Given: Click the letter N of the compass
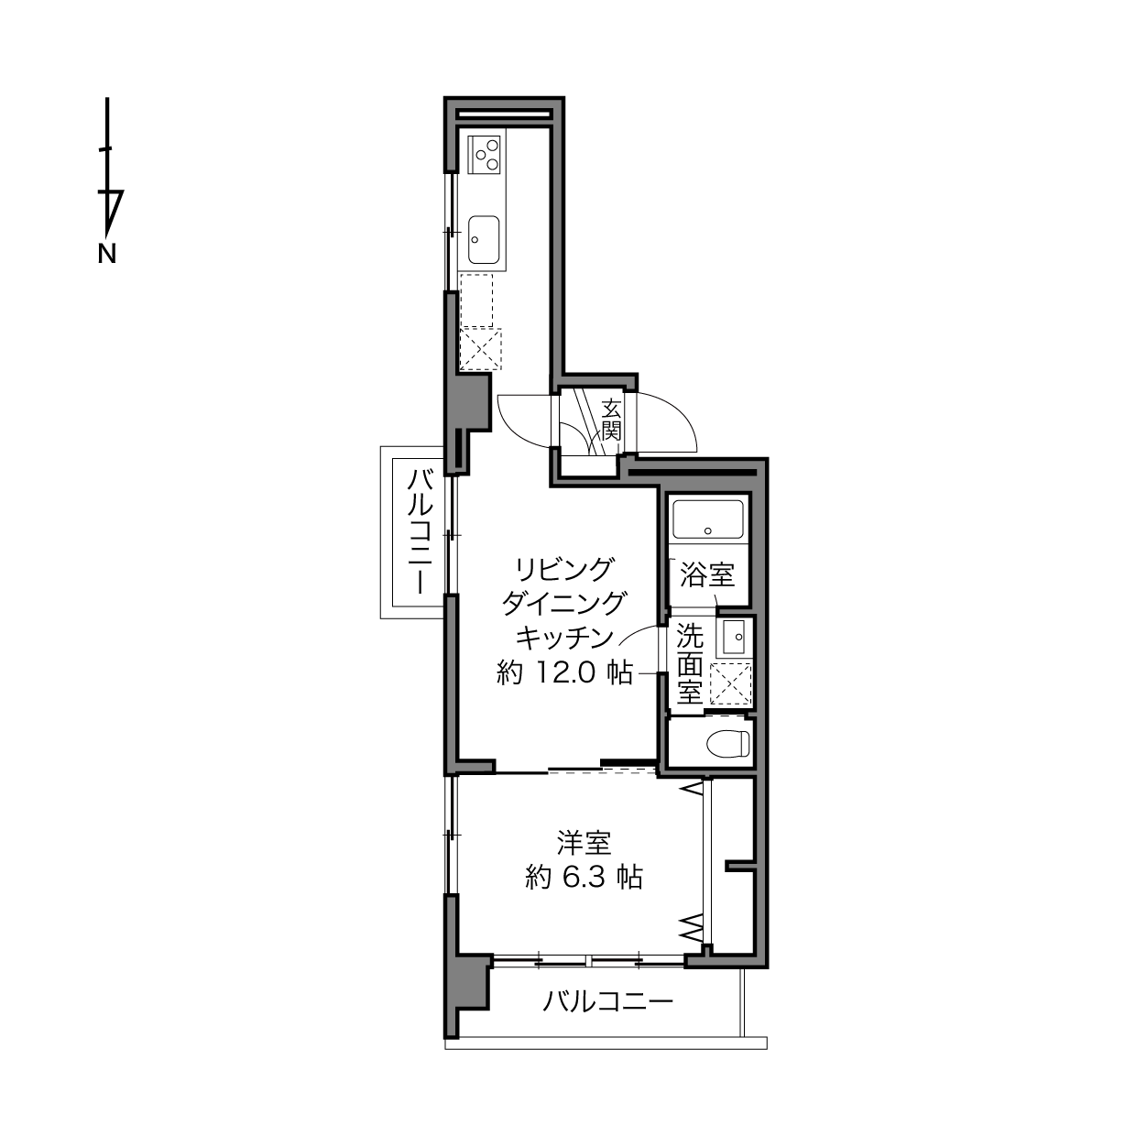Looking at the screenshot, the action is (x=107, y=254).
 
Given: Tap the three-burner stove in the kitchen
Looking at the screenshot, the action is (x=484, y=155).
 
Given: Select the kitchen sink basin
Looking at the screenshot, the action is (x=484, y=239).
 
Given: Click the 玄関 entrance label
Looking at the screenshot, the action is (x=611, y=420).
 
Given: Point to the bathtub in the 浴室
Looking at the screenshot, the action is (x=708, y=519).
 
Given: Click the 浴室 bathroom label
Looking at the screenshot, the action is (x=707, y=575).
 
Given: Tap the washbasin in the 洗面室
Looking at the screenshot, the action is (x=733, y=638).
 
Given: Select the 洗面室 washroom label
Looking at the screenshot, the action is (x=690, y=663).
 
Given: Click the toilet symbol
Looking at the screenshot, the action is (x=728, y=744).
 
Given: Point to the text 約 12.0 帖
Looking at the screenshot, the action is (x=564, y=673).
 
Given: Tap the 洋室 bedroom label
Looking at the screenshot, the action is (x=584, y=843).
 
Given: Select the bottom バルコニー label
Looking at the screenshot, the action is (x=607, y=1001).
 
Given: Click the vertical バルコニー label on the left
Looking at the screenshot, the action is (x=419, y=531).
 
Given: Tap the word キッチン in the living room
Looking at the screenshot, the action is (x=564, y=638).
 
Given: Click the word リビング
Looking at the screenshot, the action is (x=564, y=570).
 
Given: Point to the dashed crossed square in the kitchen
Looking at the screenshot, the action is (x=480, y=349).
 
